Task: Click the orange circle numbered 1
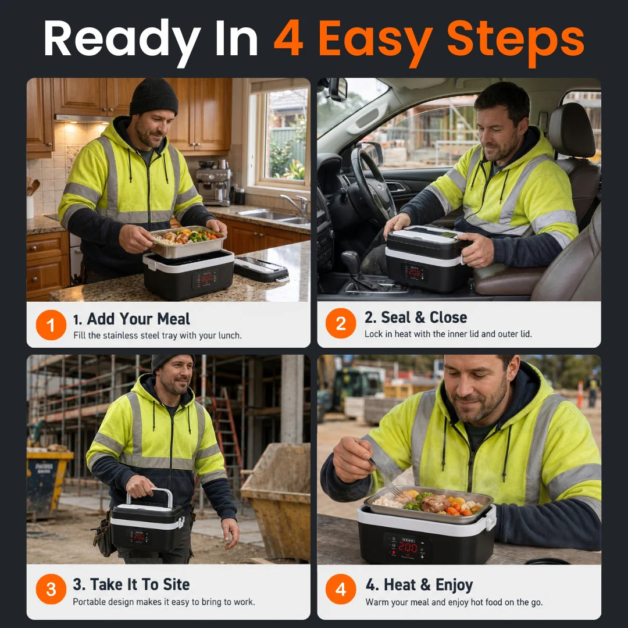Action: pos(51,325)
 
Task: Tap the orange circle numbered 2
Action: pos(340,323)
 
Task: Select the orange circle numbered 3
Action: pos(51,589)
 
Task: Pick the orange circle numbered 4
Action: pos(340,589)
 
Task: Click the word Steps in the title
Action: pos(515,40)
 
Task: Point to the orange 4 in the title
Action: pos(288,38)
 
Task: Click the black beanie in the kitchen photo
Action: pos(154,97)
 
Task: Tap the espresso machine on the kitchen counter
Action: pos(213,182)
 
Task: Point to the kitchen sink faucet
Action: pos(295,203)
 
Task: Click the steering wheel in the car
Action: pos(371,185)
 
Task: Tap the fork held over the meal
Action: pos(384,477)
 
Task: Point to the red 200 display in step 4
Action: pos(408,547)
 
